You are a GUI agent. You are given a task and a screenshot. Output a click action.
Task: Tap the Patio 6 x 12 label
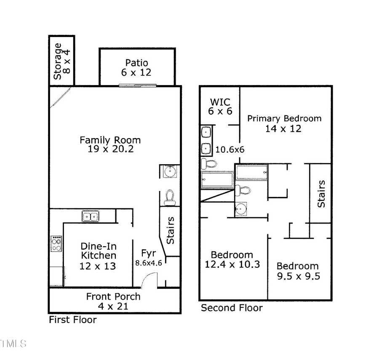(136, 68)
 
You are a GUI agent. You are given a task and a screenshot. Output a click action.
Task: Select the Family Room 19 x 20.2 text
(110, 144)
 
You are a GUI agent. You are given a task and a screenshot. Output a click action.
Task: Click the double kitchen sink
(90, 217)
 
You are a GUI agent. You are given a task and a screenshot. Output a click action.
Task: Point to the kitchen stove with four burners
(56, 243)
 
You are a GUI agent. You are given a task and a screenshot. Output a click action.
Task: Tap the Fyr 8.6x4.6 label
(148, 258)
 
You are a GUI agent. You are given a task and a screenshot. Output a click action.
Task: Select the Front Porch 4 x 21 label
(113, 301)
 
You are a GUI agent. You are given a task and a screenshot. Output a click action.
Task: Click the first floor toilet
(170, 197)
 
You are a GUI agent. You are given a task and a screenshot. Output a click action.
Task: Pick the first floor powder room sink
(169, 171)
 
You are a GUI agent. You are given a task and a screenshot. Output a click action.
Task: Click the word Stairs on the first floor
(170, 231)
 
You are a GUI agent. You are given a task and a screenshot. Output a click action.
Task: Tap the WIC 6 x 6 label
(219, 107)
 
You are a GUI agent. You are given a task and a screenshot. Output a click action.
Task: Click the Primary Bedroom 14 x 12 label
(284, 123)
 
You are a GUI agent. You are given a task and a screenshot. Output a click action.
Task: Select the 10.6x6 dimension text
(230, 149)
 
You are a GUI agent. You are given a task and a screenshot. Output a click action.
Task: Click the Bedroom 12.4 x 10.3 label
(232, 260)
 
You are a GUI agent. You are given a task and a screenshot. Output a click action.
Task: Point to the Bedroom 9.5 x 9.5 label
(297, 271)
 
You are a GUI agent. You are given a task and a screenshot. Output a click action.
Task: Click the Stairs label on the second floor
(321, 194)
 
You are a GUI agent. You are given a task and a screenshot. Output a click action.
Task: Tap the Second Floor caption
(231, 308)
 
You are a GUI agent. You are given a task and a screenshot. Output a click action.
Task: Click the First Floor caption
(73, 320)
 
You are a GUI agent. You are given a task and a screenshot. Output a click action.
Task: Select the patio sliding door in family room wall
(137, 86)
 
